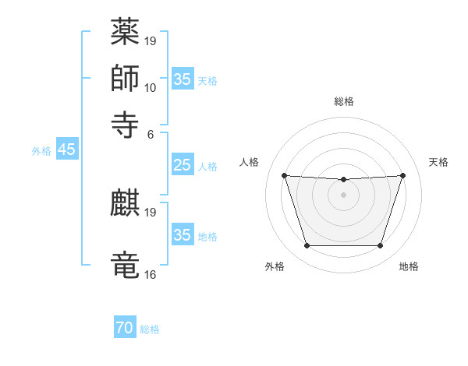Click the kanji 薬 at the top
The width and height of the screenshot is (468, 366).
[125, 33]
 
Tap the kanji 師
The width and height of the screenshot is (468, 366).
[125, 78]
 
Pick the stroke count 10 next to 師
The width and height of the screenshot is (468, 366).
[151, 87]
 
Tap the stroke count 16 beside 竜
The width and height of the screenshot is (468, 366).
[151, 274]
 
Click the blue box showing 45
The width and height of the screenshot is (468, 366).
[66, 150]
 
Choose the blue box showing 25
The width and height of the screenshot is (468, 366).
[182, 165]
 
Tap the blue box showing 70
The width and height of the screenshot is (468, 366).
[124, 328]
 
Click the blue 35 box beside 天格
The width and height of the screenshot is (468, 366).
[182, 79]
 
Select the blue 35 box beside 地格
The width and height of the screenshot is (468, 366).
[182, 235]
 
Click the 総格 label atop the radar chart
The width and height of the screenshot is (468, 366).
[344, 101]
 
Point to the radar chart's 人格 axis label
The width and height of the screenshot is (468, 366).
[250, 162]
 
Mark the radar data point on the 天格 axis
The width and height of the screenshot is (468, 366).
[402, 175]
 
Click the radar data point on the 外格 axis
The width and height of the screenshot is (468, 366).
[307, 246]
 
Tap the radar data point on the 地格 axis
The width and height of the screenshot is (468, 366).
[380, 246]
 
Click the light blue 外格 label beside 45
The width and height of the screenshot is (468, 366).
[41, 151]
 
